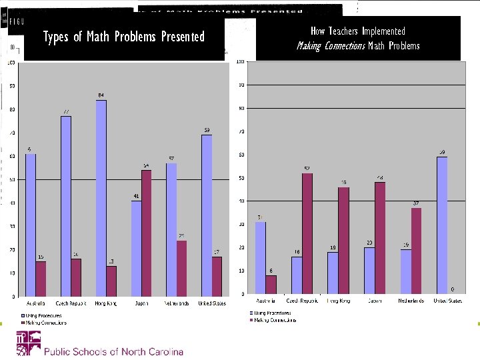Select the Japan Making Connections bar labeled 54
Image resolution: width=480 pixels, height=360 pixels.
pos(147,233)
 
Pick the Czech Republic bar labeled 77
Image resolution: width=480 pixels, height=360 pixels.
pos(66,206)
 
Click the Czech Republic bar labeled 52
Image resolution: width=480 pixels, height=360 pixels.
pos(307,233)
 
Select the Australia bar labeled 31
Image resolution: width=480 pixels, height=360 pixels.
pos(261,257)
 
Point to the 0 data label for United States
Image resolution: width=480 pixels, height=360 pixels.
pos(452,289)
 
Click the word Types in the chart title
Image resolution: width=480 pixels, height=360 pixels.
pos(56,37)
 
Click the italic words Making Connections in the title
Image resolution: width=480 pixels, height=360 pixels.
pos(331,46)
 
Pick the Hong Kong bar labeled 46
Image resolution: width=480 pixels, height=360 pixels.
pos(343,240)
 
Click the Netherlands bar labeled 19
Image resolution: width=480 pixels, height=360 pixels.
pos(405,271)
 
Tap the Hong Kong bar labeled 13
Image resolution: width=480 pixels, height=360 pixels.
pos(111,281)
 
